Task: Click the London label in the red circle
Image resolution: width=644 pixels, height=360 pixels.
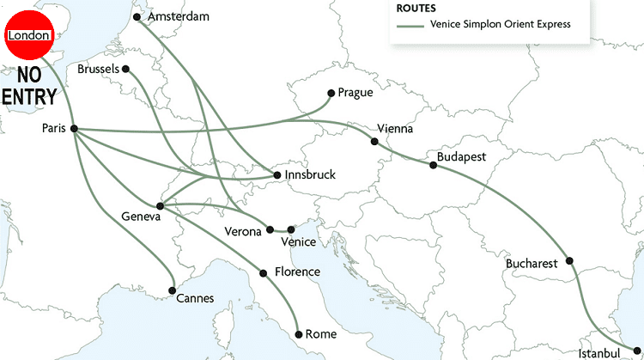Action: coord(28,35)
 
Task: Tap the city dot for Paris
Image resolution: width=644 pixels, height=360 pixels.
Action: coord(74,128)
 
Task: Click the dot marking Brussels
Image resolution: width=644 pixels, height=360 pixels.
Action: coord(125,68)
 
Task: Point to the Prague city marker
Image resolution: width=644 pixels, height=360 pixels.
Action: coord(331,93)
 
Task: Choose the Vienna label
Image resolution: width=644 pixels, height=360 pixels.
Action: coord(395,129)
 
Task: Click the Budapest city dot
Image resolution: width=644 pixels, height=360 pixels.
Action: coord(433,164)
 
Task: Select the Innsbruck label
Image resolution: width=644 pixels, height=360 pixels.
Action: coord(309,175)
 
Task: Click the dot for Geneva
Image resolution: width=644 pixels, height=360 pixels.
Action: coord(161,205)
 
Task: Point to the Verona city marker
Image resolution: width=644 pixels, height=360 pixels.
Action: coord(270,229)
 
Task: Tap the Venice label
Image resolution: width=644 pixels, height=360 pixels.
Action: coord(298,242)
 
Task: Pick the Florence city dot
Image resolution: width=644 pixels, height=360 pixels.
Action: coord(264,273)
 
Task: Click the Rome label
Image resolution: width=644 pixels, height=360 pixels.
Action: coord(322,334)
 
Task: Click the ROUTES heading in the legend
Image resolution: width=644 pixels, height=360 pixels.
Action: coord(416,9)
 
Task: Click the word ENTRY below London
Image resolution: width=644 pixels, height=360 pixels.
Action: coord(30,97)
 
